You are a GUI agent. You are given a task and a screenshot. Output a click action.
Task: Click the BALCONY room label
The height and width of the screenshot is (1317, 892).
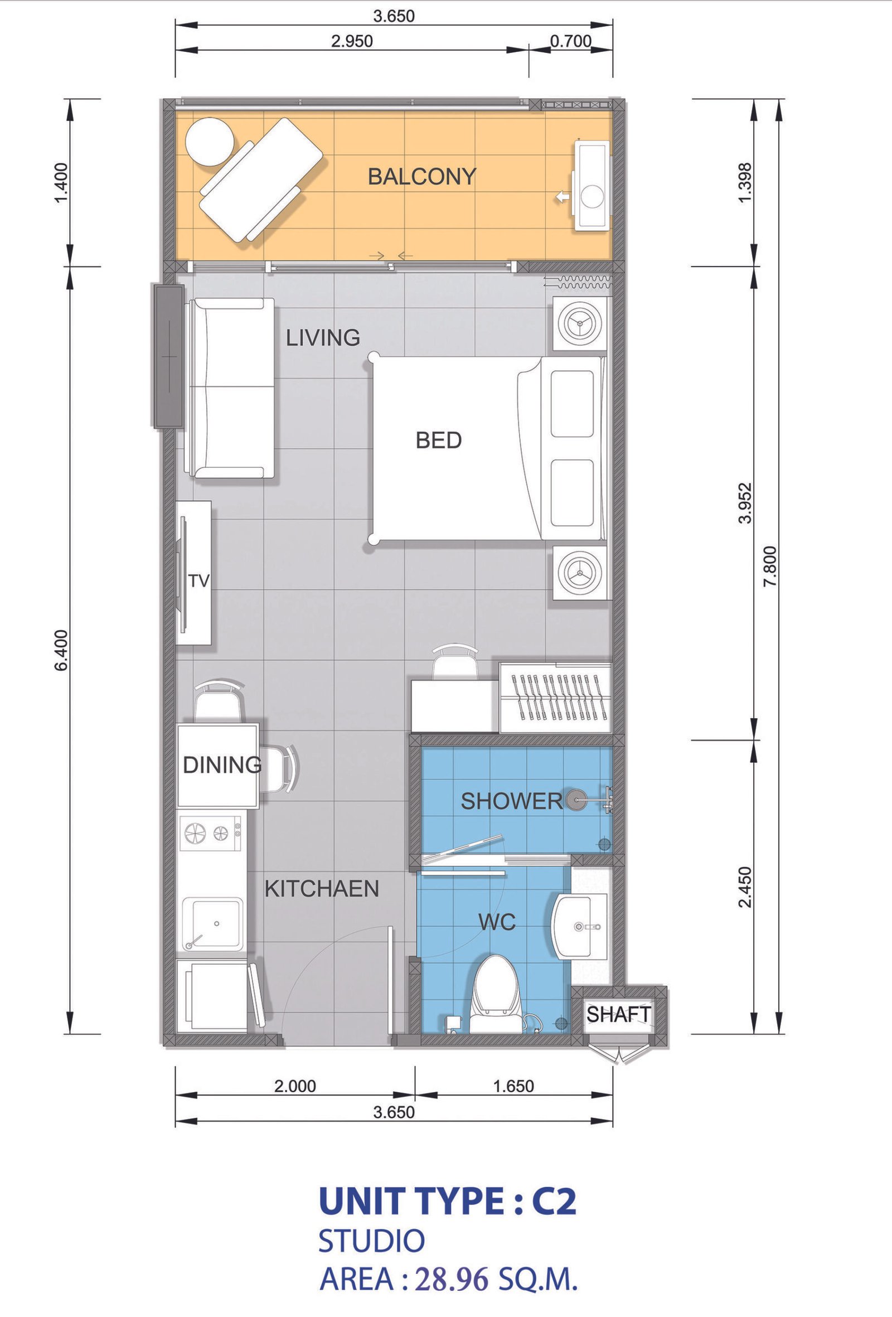(x=421, y=177)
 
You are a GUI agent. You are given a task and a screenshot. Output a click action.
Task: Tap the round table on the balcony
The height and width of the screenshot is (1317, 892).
(x=210, y=142)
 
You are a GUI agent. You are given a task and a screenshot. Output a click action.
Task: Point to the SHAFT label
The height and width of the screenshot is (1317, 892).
(x=618, y=1014)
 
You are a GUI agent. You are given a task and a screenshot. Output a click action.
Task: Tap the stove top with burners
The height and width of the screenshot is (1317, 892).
(x=210, y=832)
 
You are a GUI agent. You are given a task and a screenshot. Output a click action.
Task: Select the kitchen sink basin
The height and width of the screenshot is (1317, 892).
(x=212, y=924)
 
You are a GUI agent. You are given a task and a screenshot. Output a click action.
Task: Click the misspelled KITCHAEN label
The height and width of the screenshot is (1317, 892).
(x=322, y=889)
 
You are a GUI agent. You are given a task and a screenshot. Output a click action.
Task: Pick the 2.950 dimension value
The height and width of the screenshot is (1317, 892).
(x=352, y=41)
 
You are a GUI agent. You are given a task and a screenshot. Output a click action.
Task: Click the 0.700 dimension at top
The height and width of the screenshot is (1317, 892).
(x=571, y=41)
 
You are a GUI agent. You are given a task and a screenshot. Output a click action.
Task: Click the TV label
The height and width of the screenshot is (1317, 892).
(x=199, y=581)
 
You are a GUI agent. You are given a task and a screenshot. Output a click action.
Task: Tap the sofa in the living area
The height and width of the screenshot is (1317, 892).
(x=231, y=389)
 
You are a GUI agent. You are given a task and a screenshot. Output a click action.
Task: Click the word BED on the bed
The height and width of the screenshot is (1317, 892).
(x=439, y=440)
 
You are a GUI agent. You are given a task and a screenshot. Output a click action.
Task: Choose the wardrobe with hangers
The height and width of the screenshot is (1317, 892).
(x=555, y=696)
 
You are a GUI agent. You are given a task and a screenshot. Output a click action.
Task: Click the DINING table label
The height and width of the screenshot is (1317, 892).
(x=222, y=765)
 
